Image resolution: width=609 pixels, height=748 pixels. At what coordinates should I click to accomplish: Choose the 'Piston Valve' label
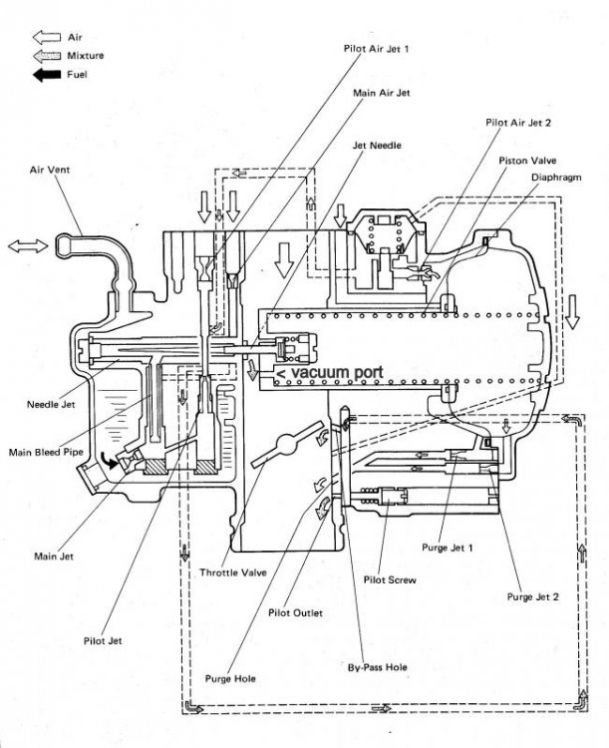pos(529,160)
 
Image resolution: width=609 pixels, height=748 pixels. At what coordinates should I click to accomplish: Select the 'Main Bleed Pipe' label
pos(46,452)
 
